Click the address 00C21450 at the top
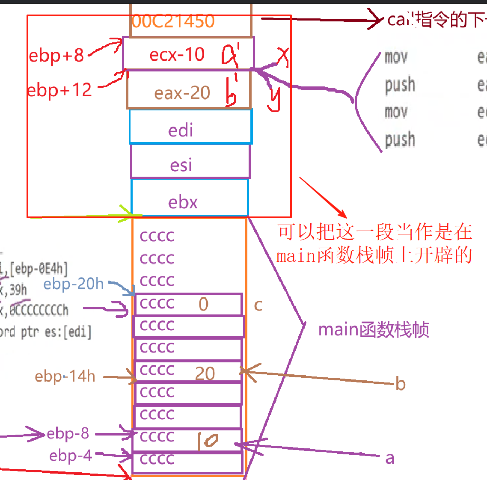coord(173,21)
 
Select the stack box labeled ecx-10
coord(177,54)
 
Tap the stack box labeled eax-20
coord(182,93)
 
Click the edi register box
coord(181,130)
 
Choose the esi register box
coord(181,165)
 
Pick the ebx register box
coord(183,202)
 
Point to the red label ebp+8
coord(56,55)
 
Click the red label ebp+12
coord(59,90)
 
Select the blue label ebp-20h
coord(74,284)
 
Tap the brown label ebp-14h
coord(65,376)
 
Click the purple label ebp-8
coord(68,433)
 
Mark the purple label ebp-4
coord(71,456)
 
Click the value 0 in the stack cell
coord(203,304)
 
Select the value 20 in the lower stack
coord(205,373)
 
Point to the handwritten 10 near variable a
coord(208,441)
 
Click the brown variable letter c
coord(258,305)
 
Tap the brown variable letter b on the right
coord(400,384)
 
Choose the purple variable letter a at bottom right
coord(389,458)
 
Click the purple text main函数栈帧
coord(374,330)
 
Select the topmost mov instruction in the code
coord(396,57)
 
